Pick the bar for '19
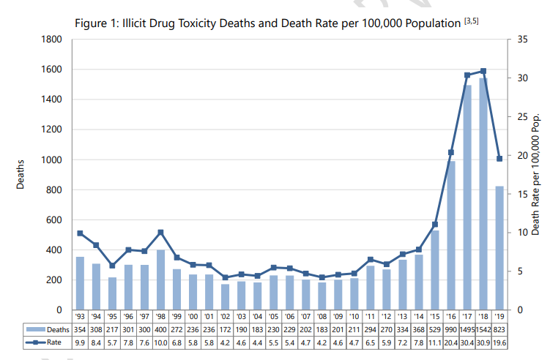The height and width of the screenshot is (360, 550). click(x=500, y=248)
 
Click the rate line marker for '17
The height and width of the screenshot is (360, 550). click(x=467, y=75)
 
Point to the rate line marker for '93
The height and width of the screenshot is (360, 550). click(x=80, y=233)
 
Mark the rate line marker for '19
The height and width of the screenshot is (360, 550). click(x=500, y=159)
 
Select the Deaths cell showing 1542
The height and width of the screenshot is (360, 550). click(x=483, y=329)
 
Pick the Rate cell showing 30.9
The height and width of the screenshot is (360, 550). click(x=483, y=342)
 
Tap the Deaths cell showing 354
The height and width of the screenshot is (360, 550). click(x=80, y=329)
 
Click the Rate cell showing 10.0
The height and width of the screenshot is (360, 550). click(x=160, y=342)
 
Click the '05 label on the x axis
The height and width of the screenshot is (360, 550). click(x=273, y=317)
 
